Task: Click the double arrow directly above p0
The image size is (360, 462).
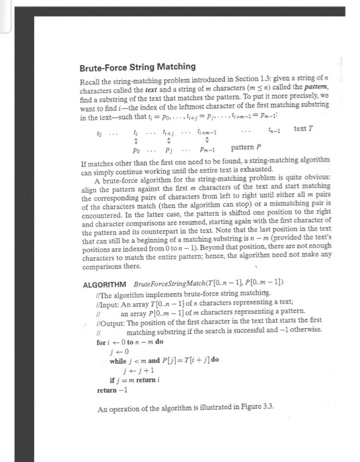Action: (135, 140)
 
